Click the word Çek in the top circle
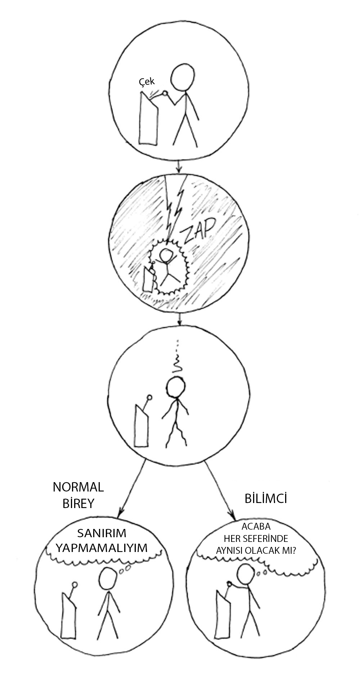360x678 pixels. tap(147, 82)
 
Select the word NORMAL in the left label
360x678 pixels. tap(78, 487)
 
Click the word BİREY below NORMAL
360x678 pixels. tap(78, 503)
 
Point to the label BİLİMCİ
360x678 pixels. tap(266, 499)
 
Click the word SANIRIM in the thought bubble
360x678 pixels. tap(102, 533)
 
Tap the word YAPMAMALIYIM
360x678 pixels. tap(102, 548)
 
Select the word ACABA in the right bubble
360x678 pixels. tap(256, 526)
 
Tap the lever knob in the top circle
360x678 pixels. tap(165, 93)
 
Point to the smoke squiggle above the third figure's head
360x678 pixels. tap(177, 364)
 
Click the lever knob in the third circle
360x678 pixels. tap(149, 398)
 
